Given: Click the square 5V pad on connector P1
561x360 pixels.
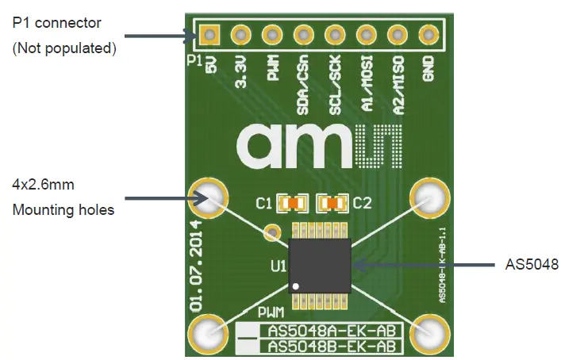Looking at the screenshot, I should pyautogui.click(x=209, y=35).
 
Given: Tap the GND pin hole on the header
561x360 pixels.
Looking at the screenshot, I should pyautogui.click(x=428, y=35).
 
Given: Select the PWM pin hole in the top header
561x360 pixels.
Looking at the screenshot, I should pyautogui.click(x=272, y=35).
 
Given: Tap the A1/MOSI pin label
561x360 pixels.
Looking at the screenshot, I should pyautogui.click(x=367, y=76).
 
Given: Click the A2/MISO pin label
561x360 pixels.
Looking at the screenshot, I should pyautogui.click(x=398, y=76).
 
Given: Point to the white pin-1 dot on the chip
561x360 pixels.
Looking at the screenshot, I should pyautogui.click(x=296, y=285).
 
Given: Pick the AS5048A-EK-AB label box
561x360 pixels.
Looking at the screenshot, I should pyautogui.click(x=332, y=331).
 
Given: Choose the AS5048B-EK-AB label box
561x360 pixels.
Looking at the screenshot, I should pyautogui.click(x=332, y=346).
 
